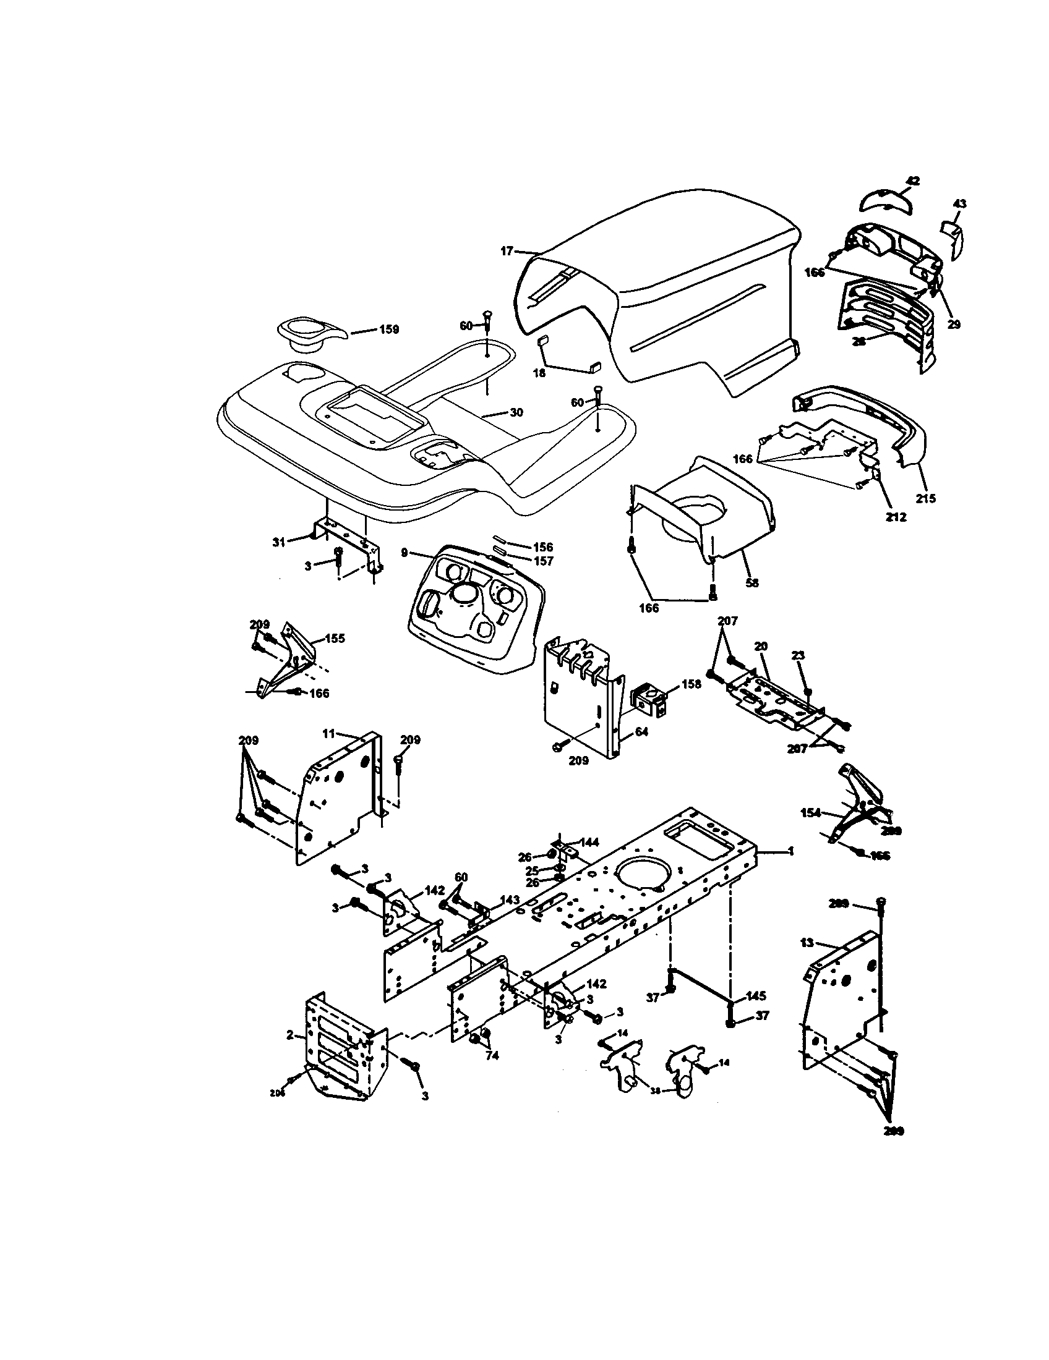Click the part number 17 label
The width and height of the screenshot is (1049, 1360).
(507, 251)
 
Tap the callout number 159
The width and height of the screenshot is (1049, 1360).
(389, 329)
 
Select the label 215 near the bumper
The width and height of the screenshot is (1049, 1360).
(926, 498)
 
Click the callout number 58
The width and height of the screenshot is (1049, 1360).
(752, 584)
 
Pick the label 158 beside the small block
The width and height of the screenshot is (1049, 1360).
(691, 684)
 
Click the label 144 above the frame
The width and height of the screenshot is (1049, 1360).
(589, 843)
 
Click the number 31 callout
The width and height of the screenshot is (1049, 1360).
(278, 542)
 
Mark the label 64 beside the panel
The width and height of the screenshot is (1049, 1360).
(641, 732)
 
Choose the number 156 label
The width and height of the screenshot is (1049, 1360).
(543, 547)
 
